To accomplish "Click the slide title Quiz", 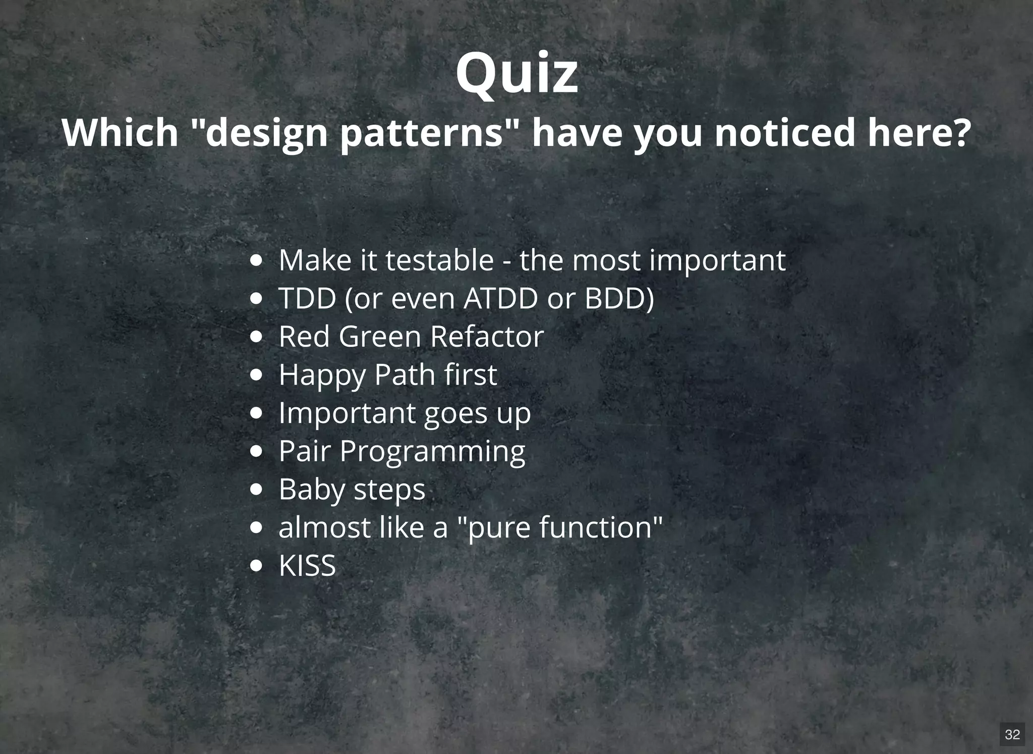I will tap(516, 75).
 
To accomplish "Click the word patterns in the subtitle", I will tap(422, 133).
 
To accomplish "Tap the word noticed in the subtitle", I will tap(785, 133).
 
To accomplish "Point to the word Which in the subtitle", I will tap(120, 132).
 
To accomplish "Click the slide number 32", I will tap(1012, 734).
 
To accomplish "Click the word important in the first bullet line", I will tap(717, 261).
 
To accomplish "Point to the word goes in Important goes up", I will tap(456, 414).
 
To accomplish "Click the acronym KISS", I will tap(307, 566).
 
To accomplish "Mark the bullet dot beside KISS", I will tap(257, 566).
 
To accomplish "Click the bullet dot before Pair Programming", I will tap(257, 452).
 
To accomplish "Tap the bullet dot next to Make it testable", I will tap(257, 261).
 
